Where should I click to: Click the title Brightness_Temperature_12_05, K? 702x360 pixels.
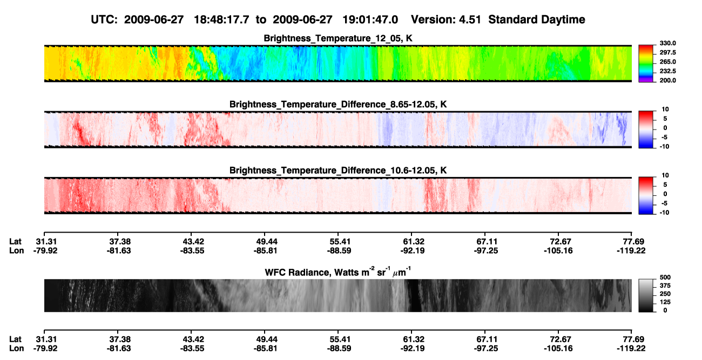338,38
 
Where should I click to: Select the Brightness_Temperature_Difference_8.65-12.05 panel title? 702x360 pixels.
338,104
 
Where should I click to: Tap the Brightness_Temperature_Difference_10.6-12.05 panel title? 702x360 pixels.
338,171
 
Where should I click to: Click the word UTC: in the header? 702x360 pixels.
104,20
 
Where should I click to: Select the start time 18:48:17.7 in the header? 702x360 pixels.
221,20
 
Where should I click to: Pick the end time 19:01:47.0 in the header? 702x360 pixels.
370,20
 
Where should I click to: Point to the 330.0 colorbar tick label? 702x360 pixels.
667,43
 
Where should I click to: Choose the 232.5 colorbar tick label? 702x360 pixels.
667,71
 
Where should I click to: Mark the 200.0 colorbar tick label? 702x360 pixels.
667,80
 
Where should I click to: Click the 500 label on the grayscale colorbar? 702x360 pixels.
665,277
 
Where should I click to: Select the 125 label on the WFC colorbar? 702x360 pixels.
665,302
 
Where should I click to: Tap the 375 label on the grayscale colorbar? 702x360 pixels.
665,286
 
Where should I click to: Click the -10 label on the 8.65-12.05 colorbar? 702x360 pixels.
664,147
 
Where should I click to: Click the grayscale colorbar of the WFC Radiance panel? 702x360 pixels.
646,295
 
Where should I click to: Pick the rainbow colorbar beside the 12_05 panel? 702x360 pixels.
646,64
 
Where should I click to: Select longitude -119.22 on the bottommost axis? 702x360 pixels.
631,349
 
